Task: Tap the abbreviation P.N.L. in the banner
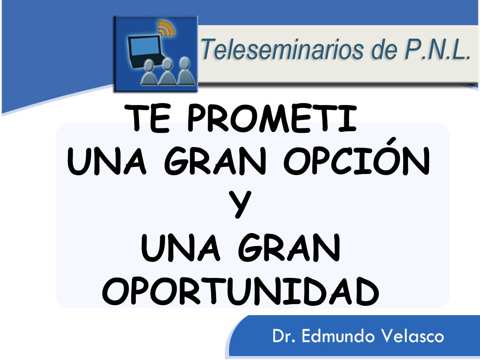pyautogui.click(x=437, y=49)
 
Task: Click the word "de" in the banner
pyautogui.click(x=384, y=49)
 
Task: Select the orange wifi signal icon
pyautogui.click(x=166, y=28)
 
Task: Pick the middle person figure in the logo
pyautogui.click(x=167, y=72)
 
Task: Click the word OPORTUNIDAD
pyautogui.click(x=240, y=291)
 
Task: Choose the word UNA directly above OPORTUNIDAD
pyautogui.click(x=180, y=247)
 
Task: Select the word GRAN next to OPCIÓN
pyautogui.click(x=215, y=161)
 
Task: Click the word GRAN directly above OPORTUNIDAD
pyautogui.click(x=289, y=247)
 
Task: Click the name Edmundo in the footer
pyautogui.click(x=338, y=336)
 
